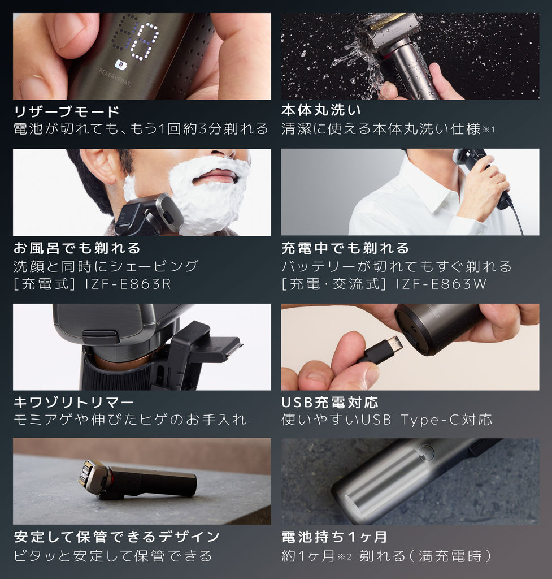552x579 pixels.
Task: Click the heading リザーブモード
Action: [x=67, y=111]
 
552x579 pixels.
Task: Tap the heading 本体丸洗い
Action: [x=321, y=110]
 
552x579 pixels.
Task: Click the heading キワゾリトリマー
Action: [x=74, y=403]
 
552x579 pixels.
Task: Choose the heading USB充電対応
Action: [x=330, y=403]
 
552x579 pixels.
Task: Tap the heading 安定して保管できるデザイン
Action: [x=116, y=536]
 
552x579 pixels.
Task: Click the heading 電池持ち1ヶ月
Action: [x=334, y=536]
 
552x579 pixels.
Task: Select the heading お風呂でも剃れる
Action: [x=77, y=248]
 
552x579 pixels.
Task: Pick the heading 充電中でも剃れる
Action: [x=345, y=248]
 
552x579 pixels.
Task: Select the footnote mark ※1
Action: [x=488, y=129]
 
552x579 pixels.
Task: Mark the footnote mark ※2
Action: [x=345, y=556]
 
